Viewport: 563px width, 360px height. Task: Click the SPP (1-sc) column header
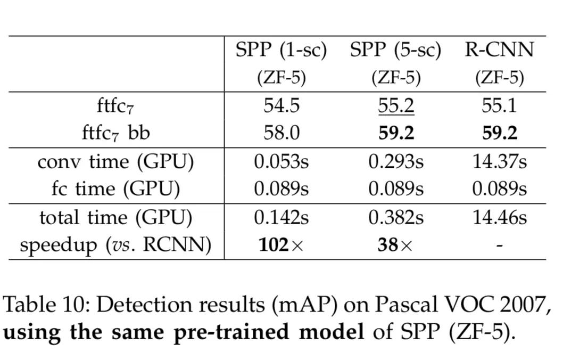tap(281, 51)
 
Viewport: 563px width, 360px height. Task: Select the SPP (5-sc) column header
tap(396, 51)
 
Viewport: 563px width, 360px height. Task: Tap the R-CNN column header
tap(499, 51)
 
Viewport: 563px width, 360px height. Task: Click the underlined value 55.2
tap(396, 106)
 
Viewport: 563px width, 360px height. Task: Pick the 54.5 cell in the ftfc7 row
tap(281, 106)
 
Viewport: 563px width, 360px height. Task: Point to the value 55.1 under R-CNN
tap(500, 106)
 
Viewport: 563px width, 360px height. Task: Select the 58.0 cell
tap(281, 133)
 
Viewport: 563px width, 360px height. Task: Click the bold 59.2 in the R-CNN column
tap(500, 133)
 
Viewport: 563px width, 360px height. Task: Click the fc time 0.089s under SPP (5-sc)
tap(396, 189)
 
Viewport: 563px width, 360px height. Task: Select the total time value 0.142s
tap(281, 218)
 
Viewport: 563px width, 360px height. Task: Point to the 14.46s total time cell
tap(500, 218)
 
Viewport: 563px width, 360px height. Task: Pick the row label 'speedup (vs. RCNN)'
tap(115, 245)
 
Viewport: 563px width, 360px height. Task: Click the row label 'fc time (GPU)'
tap(115, 189)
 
